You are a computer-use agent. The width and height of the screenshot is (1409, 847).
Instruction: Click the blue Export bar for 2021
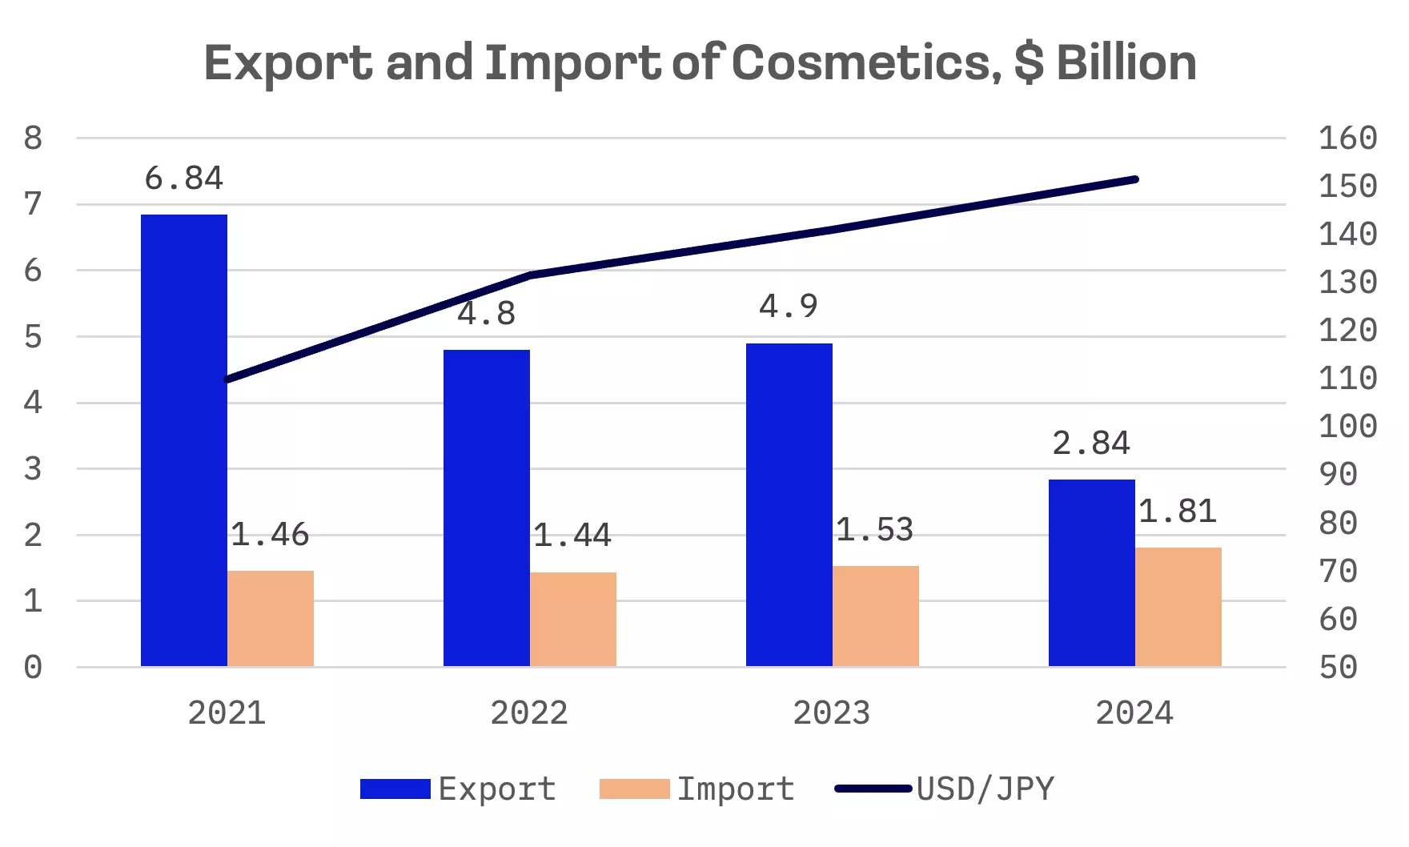coord(184,440)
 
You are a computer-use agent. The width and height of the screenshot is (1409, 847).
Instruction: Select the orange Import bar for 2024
coord(1178,607)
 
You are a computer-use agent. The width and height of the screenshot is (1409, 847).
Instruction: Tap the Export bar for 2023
coord(789,504)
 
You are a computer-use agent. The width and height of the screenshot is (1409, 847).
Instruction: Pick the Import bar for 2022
coord(573,619)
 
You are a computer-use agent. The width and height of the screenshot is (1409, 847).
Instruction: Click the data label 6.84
coord(184,178)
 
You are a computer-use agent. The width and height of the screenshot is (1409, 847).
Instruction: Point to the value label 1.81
coord(1178,512)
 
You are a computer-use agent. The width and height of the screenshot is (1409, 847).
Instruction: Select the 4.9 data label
coord(789,306)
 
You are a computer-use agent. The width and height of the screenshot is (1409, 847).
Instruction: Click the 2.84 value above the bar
coord(1091,443)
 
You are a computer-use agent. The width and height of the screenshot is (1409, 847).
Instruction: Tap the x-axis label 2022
coord(529,713)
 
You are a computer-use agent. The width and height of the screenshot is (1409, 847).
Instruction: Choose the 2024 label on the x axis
coord(1134,713)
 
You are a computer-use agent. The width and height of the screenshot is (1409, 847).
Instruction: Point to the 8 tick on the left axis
coord(33,138)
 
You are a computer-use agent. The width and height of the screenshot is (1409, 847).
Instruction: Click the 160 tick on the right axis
coord(1348,138)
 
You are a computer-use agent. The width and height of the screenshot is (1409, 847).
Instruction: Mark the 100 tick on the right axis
coord(1348,426)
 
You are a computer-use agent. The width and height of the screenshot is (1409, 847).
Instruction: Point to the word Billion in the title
coord(1126,62)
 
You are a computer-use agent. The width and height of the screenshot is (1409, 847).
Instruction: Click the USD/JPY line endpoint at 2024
coord(1135,179)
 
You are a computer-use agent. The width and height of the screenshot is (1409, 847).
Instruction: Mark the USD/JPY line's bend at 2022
coord(530,275)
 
